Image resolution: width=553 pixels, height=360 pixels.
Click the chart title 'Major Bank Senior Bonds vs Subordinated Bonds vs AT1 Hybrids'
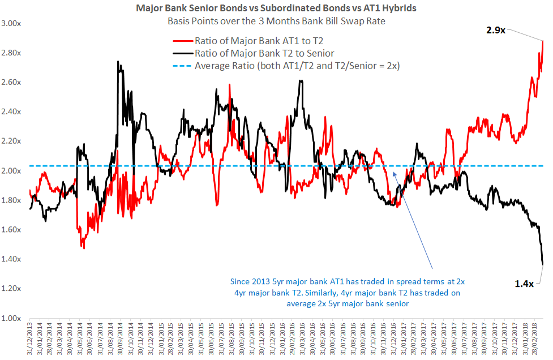pos(276,8)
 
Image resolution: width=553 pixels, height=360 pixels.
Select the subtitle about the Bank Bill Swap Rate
pos(276,22)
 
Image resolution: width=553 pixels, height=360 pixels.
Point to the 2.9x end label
pos(495,31)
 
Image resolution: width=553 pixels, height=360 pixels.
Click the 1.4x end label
pos(525,284)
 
